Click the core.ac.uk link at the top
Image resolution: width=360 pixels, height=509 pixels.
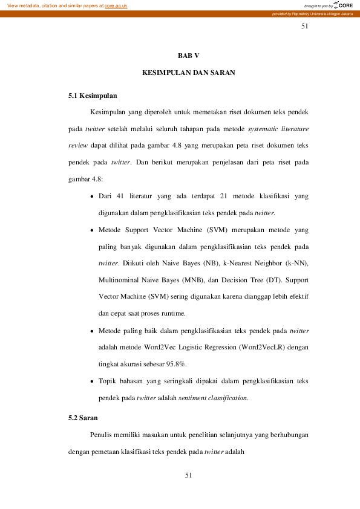(116, 5)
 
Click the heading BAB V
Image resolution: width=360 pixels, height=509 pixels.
(188, 55)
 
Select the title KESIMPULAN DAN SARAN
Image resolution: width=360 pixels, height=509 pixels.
(188, 73)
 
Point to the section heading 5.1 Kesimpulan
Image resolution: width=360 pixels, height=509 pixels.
(93, 96)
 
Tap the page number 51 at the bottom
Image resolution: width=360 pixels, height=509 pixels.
(188, 476)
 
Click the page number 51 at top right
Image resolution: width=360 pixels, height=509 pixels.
(304, 27)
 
